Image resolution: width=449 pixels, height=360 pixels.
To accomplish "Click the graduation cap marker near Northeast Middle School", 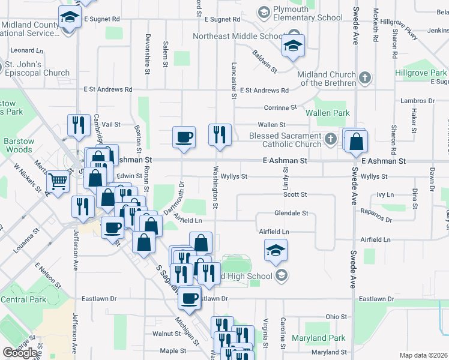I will pyautogui.click(x=293, y=46).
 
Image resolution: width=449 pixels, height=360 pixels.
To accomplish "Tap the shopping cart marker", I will pyautogui.click(x=58, y=181).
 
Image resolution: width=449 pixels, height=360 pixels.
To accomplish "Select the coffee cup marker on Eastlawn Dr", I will pyautogui.click(x=190, y=298).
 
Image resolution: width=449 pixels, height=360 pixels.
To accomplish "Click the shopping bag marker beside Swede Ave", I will pyautogui.click(x=357, y=142).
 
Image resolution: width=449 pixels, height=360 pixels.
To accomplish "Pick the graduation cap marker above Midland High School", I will pyautogui.click(x=276, y=250).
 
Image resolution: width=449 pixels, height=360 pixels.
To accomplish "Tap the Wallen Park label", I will pyautogui.click(x=327, y=113).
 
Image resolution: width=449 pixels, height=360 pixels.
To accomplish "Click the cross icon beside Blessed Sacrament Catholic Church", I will pyautogui.click(x=330, y=139).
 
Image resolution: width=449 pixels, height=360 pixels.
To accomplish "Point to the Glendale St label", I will pyautogui.click(x=291, y=213).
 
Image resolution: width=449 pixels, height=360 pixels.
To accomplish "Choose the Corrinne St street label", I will pyautogui.click(x=281, y=108).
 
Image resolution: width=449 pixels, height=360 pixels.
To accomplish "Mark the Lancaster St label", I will pyautogui.click(x=234, y=80).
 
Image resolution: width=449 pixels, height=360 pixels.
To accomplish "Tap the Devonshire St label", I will pyautogui.click(x=147, y=53).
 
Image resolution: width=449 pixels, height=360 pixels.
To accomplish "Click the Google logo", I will pyautogui.click(x=20, y=352).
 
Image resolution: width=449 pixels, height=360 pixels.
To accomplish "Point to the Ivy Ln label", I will pyautogui.click(x=385, y=195).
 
